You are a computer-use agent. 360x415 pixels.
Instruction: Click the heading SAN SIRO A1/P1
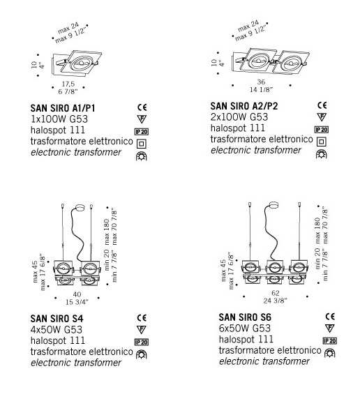63,108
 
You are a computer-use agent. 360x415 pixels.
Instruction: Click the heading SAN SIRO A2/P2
244,106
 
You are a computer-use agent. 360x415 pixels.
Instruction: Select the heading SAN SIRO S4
57,318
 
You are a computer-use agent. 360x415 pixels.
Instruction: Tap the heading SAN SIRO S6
245,317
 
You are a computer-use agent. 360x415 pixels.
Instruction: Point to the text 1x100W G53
59,119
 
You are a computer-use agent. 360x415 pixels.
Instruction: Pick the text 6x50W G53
245,329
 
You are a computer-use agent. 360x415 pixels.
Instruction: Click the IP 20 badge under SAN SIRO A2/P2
322,130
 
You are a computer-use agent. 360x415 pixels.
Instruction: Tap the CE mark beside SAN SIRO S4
142,318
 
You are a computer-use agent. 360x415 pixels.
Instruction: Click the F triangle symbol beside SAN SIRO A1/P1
142,119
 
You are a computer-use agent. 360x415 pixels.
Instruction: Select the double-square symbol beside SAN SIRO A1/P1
142,144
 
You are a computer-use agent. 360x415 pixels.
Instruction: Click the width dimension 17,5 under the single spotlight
68,84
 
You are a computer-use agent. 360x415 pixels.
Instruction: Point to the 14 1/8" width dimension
261,90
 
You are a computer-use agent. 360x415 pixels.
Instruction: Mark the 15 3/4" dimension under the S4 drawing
77,302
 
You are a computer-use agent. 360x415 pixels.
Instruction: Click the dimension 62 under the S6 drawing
276,293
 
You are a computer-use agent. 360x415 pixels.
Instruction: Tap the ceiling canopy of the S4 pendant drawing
80,209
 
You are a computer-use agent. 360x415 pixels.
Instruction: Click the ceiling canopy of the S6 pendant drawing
273,206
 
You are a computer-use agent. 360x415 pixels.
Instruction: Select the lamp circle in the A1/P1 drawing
82,63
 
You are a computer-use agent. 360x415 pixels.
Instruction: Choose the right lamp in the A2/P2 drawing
290,63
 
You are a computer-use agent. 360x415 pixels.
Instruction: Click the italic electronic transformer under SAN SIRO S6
264,361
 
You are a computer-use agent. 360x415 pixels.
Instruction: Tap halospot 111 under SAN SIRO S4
58,340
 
